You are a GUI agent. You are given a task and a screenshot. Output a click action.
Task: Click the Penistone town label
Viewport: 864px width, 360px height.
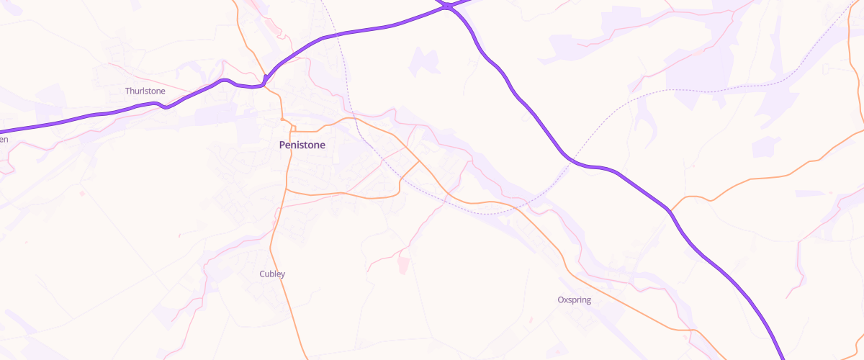pyautogui.click(x=302, y=145)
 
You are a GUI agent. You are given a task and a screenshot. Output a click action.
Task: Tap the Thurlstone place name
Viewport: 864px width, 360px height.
pyautogui.click(x=145, y=91)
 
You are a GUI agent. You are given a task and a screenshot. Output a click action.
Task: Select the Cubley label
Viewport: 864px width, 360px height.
pyautogui.click(x=272, y=274)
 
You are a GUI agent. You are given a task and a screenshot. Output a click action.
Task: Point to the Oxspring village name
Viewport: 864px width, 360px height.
pyautogui.click(x=574, y=300)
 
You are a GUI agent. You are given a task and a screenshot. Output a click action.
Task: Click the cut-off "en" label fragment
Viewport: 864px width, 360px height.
pyautogui.click(x=4, y=139)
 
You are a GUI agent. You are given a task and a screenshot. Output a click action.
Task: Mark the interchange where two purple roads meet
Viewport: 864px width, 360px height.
pyautogui.click(x=448, y=6)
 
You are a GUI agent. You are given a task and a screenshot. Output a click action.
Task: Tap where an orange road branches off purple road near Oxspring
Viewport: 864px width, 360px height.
pyautogui.click(x=670, y=210)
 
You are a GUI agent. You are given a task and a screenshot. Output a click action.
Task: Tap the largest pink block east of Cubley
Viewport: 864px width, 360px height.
pyautogui.click(x=402, y=265)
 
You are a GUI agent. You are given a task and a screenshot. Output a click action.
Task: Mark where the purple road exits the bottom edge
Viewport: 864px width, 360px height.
pyautogui.click(x=783, y=358)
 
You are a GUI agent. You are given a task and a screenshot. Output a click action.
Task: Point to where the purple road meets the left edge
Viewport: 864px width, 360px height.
pyautogui.click(x=2, y=131)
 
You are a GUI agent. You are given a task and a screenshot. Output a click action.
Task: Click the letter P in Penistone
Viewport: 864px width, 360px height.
pyautogui.click(x=282, y=145)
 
